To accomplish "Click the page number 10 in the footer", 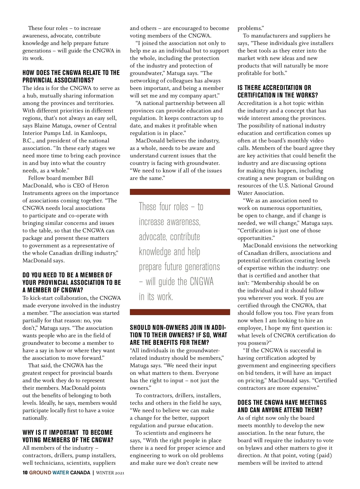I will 25,473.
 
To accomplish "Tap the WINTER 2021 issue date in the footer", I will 110,473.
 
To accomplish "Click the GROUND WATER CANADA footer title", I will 60,473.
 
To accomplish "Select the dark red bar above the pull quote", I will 180,192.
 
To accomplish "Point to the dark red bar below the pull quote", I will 180,312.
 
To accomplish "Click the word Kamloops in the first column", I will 95,133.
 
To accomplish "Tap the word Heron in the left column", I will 101,186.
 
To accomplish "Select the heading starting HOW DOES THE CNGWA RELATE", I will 71,76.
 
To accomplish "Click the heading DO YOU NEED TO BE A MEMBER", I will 71,282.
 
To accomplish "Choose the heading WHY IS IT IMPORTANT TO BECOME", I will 68,436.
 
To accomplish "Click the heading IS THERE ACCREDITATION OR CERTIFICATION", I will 277,91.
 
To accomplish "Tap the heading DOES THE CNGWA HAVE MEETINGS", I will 282,406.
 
